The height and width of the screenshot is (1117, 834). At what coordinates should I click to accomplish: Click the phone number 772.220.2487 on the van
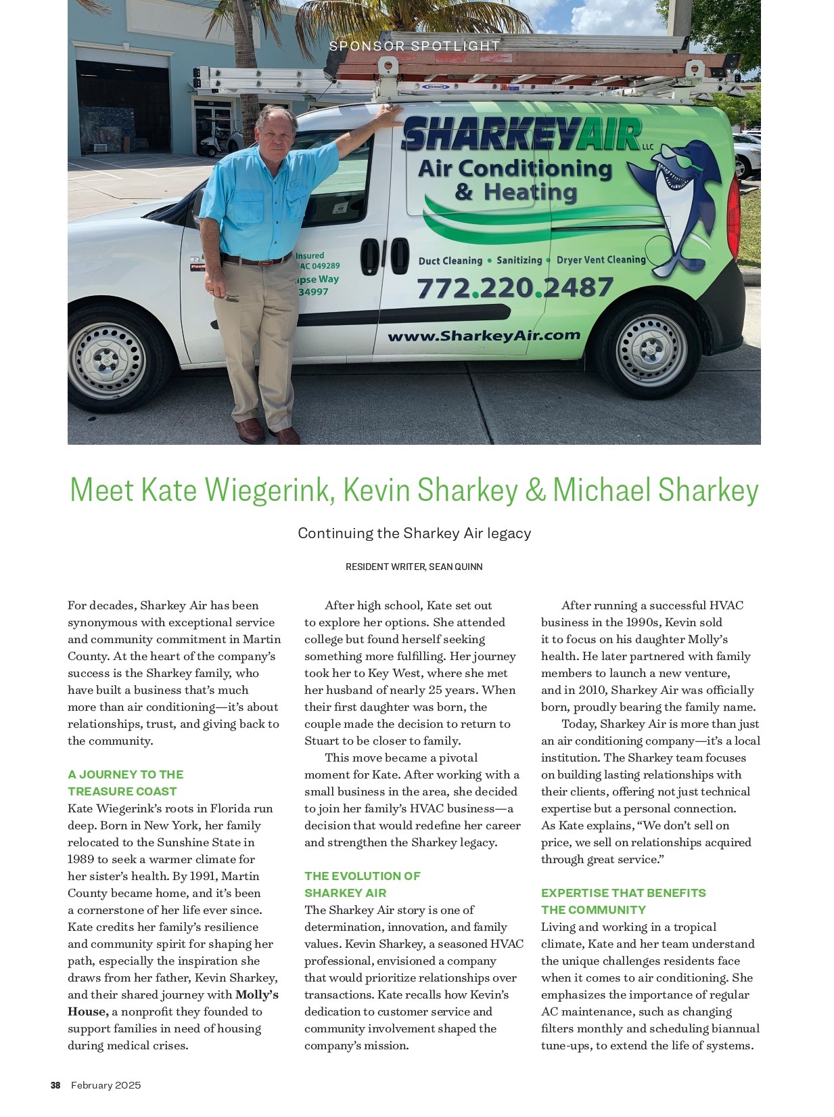[x=515, y=288]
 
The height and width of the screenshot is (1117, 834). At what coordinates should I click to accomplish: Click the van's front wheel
[x=107, y=358]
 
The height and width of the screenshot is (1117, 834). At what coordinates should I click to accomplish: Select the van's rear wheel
[x=651, y=349]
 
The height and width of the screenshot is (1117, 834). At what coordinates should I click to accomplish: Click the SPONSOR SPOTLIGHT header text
[x=415, y=46]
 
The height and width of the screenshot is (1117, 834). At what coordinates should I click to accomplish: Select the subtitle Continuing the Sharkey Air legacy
[x=414, y=533]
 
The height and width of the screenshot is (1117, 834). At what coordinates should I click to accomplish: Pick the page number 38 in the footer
[x=55, y=1085]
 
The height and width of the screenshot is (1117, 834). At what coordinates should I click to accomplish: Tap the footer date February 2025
[x=106, y=1085]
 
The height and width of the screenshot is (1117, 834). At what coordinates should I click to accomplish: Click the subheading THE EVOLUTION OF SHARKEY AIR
[x=362, y=884]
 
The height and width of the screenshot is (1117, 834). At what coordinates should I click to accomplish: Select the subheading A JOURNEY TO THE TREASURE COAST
[x=125, y=783]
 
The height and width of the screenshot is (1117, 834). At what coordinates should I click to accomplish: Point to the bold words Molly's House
[x=172, y=1003]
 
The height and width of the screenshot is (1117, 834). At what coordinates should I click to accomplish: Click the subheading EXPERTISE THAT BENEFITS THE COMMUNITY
[x=623, y=901]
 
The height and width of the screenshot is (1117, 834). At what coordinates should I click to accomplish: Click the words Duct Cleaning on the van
[x=450, y=261]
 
